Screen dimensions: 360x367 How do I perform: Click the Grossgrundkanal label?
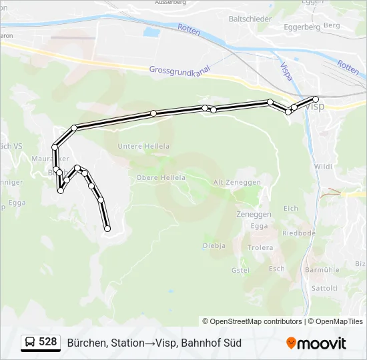(x=180, y=69)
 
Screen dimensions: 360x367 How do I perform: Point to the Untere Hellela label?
(x=143, y=146)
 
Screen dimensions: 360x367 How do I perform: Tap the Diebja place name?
(x=214, y=245)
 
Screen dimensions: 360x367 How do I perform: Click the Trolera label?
(x=260, y=247)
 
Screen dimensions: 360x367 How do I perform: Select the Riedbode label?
(x=298, y=233)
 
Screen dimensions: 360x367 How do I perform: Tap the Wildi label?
(x=323, y=167)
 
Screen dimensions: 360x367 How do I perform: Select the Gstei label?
(x=240, y=270)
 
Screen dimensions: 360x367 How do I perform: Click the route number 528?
(x=47, y=342)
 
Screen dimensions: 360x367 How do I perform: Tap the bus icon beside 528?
(x=30, y=343)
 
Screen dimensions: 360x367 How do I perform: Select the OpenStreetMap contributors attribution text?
(x=252, y=321)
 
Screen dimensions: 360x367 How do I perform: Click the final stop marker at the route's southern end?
(x=107, y=229)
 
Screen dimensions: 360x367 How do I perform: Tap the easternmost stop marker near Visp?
(x=316, y=99)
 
